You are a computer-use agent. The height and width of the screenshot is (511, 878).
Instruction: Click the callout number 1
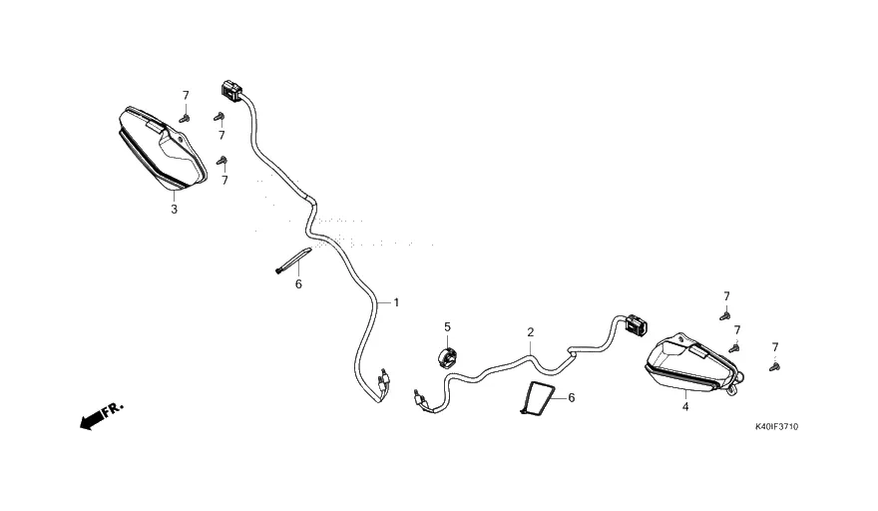[x=396, y=301]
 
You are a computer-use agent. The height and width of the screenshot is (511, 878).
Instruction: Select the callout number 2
[x=531, y=331]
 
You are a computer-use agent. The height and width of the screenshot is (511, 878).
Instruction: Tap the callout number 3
[x=175, y=210]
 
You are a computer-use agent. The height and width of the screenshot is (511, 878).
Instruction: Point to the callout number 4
[x=685, y=406]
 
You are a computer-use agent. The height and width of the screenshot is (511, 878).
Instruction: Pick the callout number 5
[x=448, y=326]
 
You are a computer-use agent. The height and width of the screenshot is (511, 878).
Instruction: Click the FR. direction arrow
[x=101, y=415]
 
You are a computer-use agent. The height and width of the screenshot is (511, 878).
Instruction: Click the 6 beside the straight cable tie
[x=297, y=284]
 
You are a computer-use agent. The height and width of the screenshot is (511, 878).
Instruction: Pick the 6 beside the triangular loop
[x=572, y=397]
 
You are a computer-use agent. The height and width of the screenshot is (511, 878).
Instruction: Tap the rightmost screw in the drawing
[x=774, y=366]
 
